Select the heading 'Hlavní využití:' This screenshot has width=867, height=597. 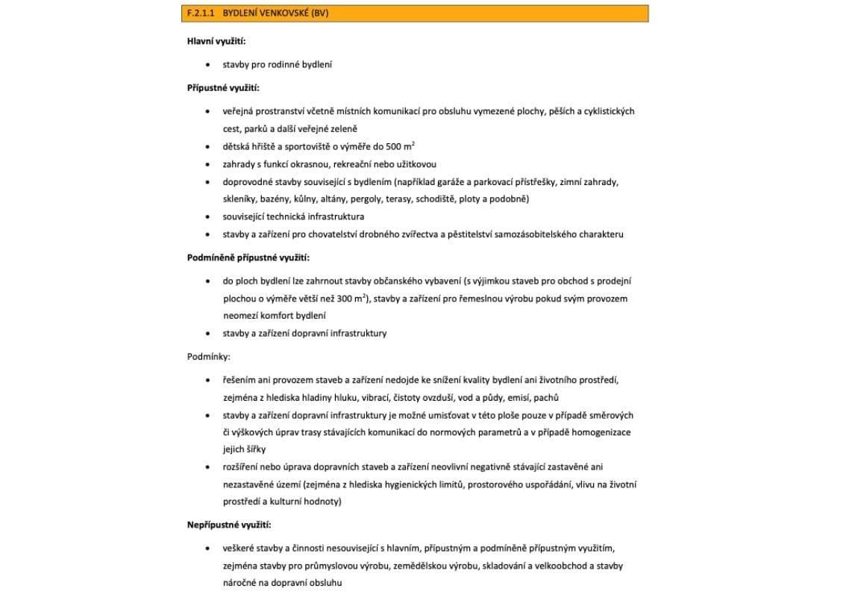tap(216, 40)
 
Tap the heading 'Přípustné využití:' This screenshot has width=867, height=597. tap(222, 88)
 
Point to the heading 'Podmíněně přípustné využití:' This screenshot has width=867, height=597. tap(248, 257)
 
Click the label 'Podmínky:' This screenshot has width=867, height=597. tap(208, 357)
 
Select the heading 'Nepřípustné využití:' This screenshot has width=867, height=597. tap(228, 525)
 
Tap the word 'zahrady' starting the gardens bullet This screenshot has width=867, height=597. tap(238, 164)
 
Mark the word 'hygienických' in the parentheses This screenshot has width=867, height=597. tap(412, 484)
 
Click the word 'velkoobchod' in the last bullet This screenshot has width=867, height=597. tap(556, 566)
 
